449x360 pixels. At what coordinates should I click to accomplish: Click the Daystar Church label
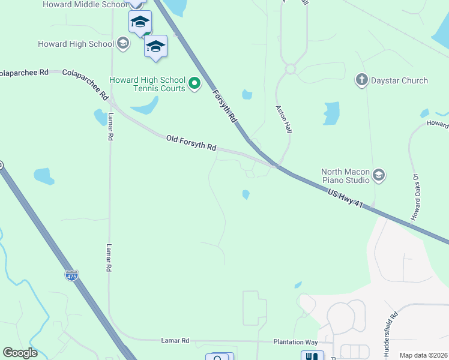pyautogui.click(x=399, y=80)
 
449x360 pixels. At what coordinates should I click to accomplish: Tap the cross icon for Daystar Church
pyautogui.click(x=361, y=80)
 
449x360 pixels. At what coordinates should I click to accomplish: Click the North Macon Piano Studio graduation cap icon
pyautogui.click(x=379, y=175)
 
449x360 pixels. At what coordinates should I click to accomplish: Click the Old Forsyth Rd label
pyautogui.click(x=191, y=143)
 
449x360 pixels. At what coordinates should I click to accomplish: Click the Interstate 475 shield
pyautogui.click(x=71, y=275)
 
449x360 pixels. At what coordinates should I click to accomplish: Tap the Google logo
pyautogui.click(x=20, y=353)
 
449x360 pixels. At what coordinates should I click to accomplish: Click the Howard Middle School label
pyautogui.click(x=83, y=4)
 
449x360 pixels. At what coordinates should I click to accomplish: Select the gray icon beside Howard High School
pyautogui.click(x=123, y=43)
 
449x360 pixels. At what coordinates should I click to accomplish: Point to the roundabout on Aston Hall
pyautogui.click(x=291, y=69)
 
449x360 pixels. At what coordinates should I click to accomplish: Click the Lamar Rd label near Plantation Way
pyautogui.click(x=175, y=341)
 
